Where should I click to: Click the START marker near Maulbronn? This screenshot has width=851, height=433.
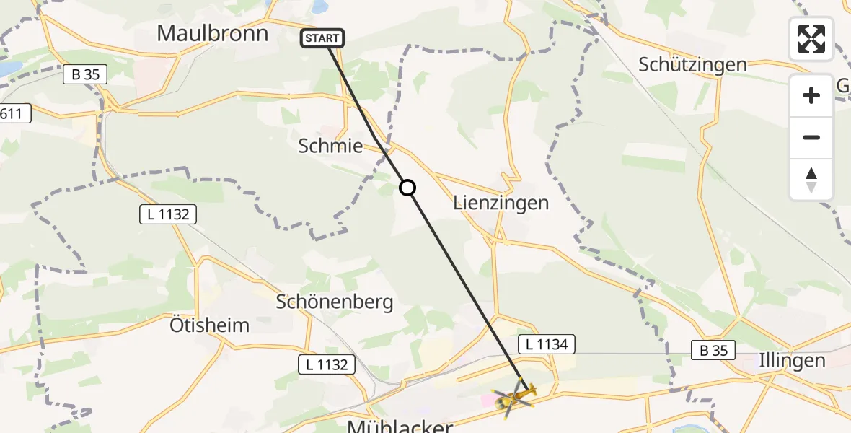click(x=322, y=38)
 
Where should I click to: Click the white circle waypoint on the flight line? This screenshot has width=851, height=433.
click(x=407, y=188)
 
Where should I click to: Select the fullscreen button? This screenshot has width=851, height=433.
click(x=811, y=39)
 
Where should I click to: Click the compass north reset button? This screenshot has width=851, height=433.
click(x=811, y=180)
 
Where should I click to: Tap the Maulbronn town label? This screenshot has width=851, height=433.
click(x=212, y=33)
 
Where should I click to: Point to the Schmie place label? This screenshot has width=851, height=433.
click(x=330, y=146)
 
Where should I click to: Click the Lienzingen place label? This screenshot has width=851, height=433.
click(x=501, y=203)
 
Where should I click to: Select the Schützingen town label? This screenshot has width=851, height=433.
click(x=692, y=64)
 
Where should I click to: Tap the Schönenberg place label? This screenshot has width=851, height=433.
click(x=335, y=302)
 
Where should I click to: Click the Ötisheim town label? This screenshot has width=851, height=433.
click(x=209, y=325)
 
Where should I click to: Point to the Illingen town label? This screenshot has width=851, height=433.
click(x=791, y=360)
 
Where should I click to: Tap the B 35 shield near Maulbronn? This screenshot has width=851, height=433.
click(x=85, y=74)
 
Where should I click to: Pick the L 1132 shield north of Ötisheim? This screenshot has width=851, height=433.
click(x=168, y=214)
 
